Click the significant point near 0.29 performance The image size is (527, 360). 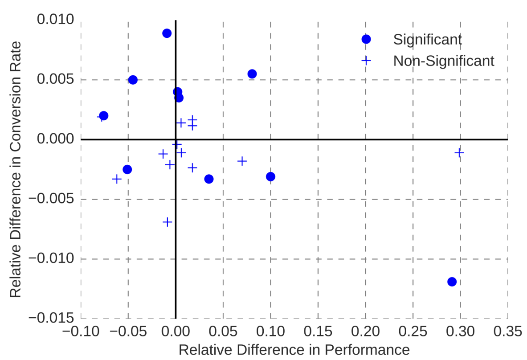click(452, 282)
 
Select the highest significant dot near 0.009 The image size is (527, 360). click(167, 33)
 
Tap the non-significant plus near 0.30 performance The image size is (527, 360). click(459, 153)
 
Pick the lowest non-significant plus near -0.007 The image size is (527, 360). click(167, 222)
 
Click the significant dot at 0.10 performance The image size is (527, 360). click(270, 176)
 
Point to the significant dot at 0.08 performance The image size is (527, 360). click(252, 74)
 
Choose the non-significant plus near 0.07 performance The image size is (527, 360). click(242, 161)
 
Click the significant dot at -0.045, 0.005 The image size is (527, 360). click(133, 80)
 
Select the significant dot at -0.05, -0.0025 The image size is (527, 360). click(127, 169)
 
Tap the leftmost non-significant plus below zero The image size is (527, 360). click(117, 179)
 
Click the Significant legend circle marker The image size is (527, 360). click(366, 39)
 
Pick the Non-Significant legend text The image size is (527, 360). click(444, 61)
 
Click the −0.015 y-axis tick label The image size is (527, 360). click(52, 318)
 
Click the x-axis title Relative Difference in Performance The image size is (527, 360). click(294, 350)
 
